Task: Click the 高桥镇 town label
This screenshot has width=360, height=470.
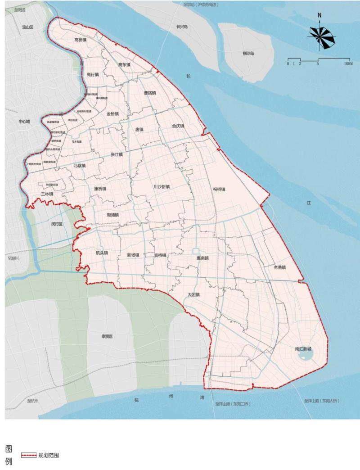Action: pyautogui.click(x=81, y=40)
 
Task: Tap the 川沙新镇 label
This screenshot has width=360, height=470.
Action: pyautogui.click(x=161, y=186)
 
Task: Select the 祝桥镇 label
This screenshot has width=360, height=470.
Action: pyautogui.click(x=219, y=189)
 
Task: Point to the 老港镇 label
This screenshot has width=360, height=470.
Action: pyautogui.click(x=279, y=267)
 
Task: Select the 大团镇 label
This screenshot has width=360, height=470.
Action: pyautogui.click(x=193, y=295)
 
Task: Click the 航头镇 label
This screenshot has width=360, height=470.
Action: pyautogui.click(x=102, y=253)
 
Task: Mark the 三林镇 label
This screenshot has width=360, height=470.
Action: pyautogui.click(x=47, y=194)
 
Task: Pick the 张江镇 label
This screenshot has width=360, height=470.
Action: pyautogui.click(x=117, y=154)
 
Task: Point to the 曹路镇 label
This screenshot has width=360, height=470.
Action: pyautogui.click(x=149, y=93)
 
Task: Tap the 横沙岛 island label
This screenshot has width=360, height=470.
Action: pyautogui.click(x=248, y=53)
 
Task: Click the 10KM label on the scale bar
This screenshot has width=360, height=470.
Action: pyautogui.click(x=348, y=64)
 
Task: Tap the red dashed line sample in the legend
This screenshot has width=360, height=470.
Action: pyautogui.click(x=28, y=455)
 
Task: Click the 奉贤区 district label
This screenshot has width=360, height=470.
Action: pyautogui.click(x=107, y=336)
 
